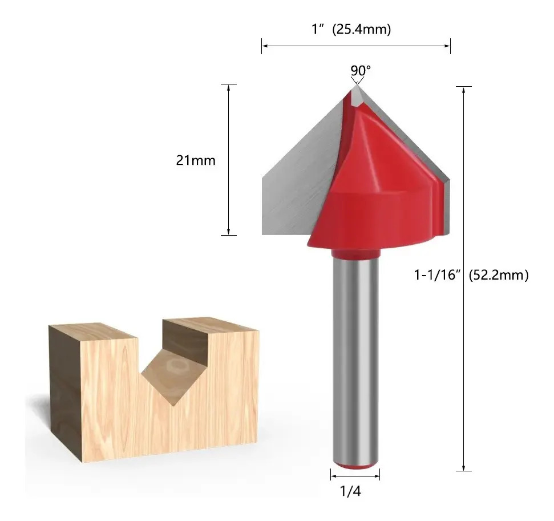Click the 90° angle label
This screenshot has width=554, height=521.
coord(361,70)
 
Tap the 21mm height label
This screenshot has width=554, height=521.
coord(196,160)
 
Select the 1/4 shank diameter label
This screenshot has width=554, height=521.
coord(350,491)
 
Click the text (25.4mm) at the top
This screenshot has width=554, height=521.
coord(362,29)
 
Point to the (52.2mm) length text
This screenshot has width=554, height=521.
coord(499,274)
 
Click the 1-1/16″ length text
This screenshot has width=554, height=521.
coord(438,274)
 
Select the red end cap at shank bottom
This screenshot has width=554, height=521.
coord(356,466)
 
